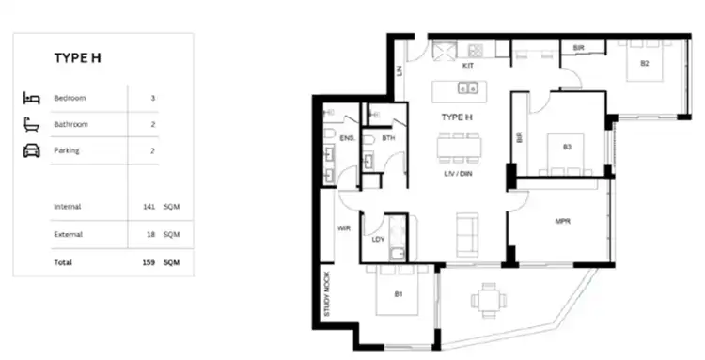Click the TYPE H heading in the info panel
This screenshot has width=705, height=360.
[77, 58]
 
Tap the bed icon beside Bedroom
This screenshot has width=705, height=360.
[32, 98]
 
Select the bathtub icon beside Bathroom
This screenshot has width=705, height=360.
[32, 124]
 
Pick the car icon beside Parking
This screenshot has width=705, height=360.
[32, 150]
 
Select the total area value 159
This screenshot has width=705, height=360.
[149, 263]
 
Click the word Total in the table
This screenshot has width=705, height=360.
[63, 263]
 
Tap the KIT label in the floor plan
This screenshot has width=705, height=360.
[467, 67]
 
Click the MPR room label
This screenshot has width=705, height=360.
[563, 223]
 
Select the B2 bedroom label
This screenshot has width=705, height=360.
[645, 64]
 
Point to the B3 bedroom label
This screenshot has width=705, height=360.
[567, 147]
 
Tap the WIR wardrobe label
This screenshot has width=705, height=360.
[344, 228]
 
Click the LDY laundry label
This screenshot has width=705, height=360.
[379, 239]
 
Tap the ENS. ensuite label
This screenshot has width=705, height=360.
[346, 138]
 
